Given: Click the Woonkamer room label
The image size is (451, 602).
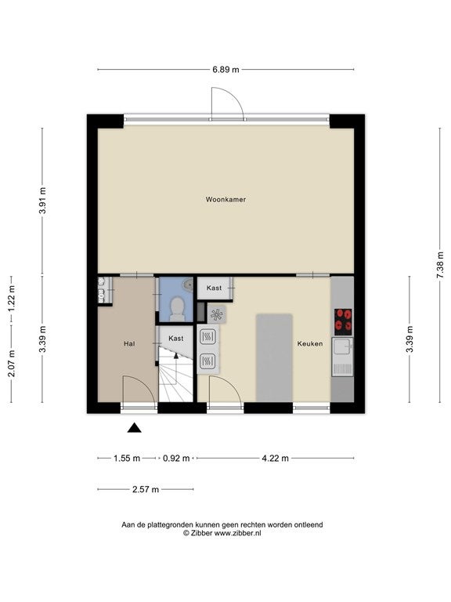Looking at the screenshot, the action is [225, 199].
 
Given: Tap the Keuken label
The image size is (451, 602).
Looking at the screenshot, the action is [310, 343].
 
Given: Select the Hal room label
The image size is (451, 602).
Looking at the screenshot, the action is [129, 343].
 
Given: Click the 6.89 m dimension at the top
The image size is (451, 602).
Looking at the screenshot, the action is [225, 70].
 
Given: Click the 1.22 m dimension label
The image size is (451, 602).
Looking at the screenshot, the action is [12, 299].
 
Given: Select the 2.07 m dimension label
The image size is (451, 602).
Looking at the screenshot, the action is [12, 364].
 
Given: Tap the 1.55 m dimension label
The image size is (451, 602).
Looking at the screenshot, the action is [127, 458].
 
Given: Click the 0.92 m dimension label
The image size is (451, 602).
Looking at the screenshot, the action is [176, 458].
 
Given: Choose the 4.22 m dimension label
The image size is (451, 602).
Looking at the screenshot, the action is [276, 458].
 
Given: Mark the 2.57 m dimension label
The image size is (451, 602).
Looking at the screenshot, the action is [146, 489].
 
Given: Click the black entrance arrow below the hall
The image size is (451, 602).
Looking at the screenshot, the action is [134, 428].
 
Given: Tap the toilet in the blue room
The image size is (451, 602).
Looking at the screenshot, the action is [177, 310].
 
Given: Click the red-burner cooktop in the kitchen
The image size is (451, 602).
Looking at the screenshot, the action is [343, 321].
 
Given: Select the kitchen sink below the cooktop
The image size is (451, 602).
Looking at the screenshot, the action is [343, 357].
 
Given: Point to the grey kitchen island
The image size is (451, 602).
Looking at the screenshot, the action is [274, 357].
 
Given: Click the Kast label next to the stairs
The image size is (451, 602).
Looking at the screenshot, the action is [176, 339].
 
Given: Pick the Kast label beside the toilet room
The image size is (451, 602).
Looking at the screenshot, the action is [214, 288].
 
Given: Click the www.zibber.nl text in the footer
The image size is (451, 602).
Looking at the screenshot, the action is [237, 533].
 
